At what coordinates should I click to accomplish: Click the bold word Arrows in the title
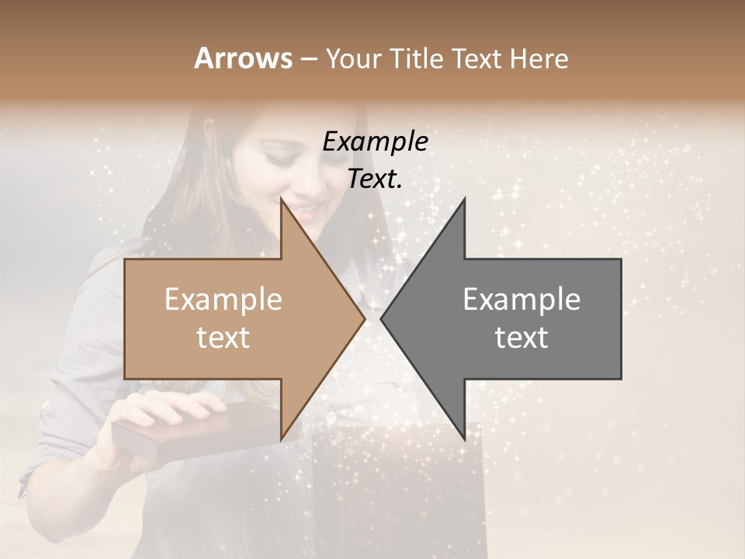(x=243, y=58)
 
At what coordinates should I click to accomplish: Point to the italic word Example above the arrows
(x=375, y=141)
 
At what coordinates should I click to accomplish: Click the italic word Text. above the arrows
(x=375, y=179)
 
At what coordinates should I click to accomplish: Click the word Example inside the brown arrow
(x=223, y=300)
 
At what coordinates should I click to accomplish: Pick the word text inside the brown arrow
(x=223, y=338)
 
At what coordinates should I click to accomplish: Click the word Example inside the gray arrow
(x=521, y=300)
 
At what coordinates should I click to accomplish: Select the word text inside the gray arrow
(x=521, y=338)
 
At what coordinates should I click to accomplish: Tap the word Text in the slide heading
(x=478, y=58)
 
